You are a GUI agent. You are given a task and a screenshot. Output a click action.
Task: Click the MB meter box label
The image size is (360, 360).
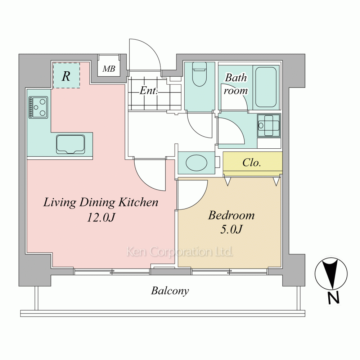(x=109, y=69)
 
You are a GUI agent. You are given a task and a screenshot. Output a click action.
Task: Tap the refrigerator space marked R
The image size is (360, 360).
(x=66, y=75)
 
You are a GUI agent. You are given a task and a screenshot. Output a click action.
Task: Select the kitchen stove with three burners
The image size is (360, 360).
(x=39, y=107)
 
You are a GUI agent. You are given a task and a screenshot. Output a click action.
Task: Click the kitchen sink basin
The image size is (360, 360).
(x=71, y=144)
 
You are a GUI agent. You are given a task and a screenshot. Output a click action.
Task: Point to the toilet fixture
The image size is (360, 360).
(x=199, y=74)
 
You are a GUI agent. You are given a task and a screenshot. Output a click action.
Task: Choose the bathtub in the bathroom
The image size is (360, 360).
(x=266, y=87)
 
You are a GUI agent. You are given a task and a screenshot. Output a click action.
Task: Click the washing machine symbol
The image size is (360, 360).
(x=269, y=126)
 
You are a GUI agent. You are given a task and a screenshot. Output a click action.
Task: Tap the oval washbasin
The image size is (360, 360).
(x=196, y=163)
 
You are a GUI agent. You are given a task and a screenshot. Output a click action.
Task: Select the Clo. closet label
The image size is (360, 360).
(x=252, y=163)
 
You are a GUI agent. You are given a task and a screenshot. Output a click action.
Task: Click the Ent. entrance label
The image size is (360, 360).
(x=149, y=90)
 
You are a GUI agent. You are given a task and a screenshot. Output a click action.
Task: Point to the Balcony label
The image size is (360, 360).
(x=170, y=291)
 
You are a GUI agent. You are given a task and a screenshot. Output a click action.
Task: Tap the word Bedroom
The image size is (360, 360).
(x=231, y=215)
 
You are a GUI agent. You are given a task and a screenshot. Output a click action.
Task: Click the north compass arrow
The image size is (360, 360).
(x=331, y=274)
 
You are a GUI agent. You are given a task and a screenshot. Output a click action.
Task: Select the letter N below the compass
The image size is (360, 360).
(x=333, y=298)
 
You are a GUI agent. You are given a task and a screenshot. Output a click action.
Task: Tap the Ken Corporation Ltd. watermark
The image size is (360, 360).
(x=180, y=252)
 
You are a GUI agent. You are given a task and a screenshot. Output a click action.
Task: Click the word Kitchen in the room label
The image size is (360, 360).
(x=139, y=202)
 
